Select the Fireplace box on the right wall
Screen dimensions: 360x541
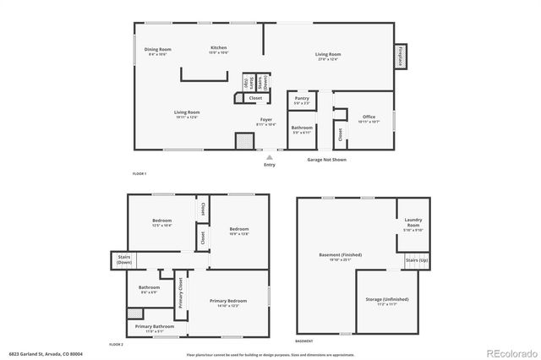pyautogui.click(x=398, y=57)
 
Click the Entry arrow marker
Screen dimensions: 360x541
pyautogui.click(x=270, y=156)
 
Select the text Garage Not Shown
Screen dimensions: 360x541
pyautogui.click(x=326, y=158)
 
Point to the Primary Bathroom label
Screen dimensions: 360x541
pyautogui.click(x=154, y=327)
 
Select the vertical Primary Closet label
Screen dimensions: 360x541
pyautogui.click(x=180, y=292)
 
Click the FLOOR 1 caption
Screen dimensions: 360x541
pyautogui.click(x=139, y=173)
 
